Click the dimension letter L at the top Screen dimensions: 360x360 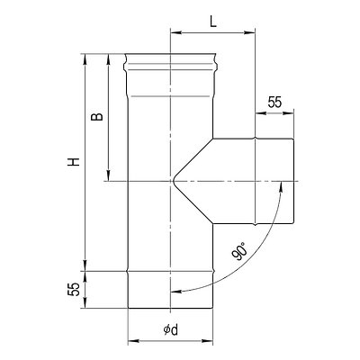pyautogui.click(x=213, y=22)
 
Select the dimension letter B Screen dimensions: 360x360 pyautogui.click(x=97, y=116)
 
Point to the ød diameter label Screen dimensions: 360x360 pyautogui.click(x=171, y=330)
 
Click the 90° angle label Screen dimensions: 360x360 pyautogui.click(x=240, y=251)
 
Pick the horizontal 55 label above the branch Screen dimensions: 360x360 pyautogui.click(x=274, y=102)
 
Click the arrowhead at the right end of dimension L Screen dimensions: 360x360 pyautogui.click(x=249, y=32)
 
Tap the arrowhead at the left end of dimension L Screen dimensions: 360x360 pyautogui.click(x=175, y=32)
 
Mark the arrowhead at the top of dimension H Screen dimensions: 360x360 pyautogui.click(x=85, y=59)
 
